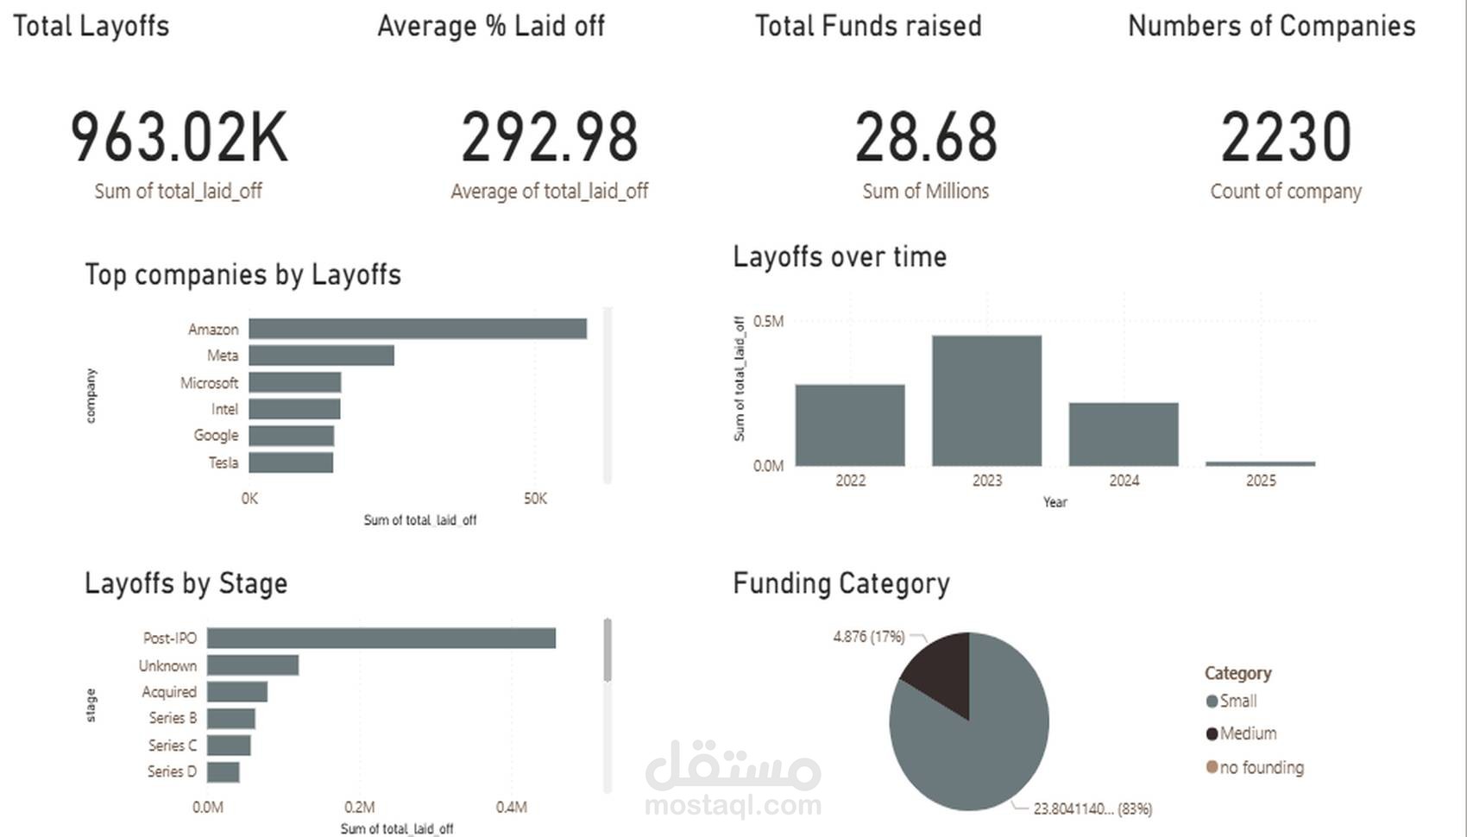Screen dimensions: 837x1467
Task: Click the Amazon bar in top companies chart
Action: coord(418,329)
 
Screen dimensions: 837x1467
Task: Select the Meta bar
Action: coord(321,356)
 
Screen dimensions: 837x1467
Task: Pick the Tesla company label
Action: coord(223,463)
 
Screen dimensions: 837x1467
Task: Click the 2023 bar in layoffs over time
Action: coord(986,400)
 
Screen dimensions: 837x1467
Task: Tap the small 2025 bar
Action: coord(1260,463)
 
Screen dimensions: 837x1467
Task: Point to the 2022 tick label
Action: coord(850,481)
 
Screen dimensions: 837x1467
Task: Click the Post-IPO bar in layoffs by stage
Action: coord(381,639)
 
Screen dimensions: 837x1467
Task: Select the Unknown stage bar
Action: coord(253,665)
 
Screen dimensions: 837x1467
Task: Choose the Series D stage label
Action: coord(172,771)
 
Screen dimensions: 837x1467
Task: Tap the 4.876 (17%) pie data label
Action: coord(868,637)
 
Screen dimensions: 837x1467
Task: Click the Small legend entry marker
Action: coord(1212,702)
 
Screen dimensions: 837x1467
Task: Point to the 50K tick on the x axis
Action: coord(535,499)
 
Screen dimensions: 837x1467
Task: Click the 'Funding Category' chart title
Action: coord(841,583)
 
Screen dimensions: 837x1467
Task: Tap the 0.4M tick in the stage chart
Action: coord(511,808)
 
